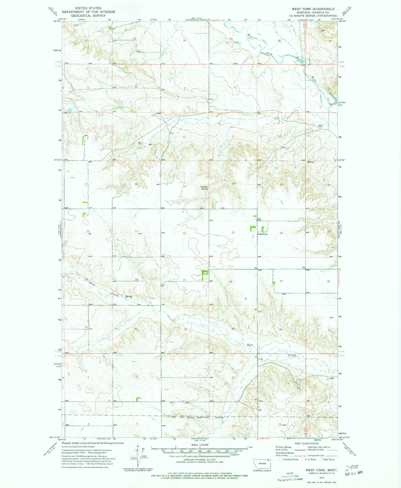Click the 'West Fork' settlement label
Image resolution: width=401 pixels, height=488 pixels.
coord(263,234)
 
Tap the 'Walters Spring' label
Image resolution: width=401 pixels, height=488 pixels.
coord(204,188)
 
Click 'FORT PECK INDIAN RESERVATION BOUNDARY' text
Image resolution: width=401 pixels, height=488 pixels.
coord(194,417)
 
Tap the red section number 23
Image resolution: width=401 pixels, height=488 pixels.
coord(233,233)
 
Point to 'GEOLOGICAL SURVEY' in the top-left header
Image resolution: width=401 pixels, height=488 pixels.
coord(88,16)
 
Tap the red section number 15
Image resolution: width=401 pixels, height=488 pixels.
coord(184,187)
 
